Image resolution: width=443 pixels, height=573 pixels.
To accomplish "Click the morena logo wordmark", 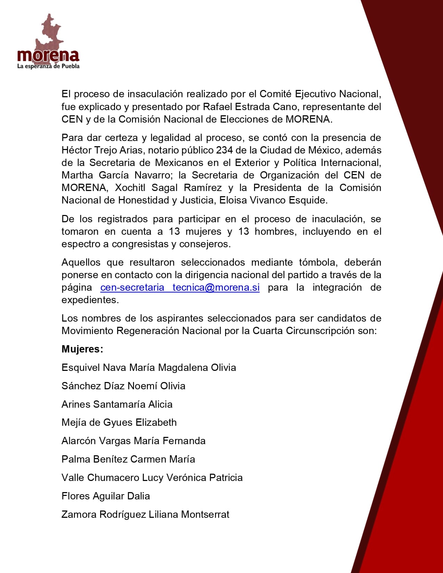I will coord(48,56).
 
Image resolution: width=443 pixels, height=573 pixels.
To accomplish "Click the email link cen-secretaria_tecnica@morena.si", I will coord(180,288).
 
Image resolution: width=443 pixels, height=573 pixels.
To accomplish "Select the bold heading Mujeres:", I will coord(82,349).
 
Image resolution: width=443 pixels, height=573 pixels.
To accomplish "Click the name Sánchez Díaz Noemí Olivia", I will coord(123,386).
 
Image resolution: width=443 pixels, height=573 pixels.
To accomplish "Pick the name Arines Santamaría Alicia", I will coord(117,404).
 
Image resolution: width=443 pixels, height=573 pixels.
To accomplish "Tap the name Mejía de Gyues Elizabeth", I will coord(119,422).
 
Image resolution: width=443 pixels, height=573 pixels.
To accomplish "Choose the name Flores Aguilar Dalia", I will coord(106,496).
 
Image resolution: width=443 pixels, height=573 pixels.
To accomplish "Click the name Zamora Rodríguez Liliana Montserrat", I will coord(145,514).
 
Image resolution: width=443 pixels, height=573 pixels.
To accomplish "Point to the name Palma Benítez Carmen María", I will coord(128,459).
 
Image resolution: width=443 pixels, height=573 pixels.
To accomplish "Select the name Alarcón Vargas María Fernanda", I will coord(133,441).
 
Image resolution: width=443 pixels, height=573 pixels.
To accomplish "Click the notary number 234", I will coord(224,150).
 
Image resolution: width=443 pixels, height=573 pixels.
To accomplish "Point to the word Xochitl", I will coord(130,188).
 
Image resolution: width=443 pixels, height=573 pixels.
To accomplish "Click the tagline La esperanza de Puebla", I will coord(48,66).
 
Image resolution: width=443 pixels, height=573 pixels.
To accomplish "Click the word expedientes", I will coord(90,300).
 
